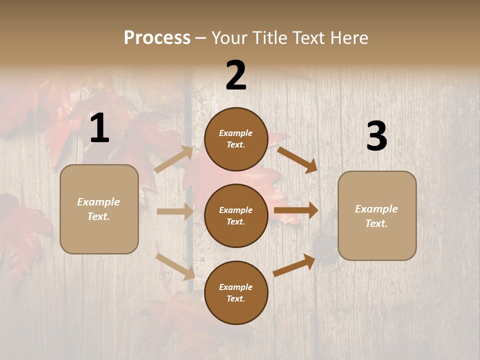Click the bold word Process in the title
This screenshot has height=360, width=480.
[157, 37]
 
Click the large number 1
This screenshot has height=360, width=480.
[99, 128]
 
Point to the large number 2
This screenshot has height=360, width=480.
[236, 75]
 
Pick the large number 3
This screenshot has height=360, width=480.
[376, 136]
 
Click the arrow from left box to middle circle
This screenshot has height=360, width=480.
[175, 211]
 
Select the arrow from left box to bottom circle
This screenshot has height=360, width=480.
[175, 266]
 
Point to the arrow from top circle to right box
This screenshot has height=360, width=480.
[297, 159]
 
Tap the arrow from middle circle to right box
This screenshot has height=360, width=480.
[296, 210]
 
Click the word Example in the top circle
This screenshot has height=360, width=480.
[236, 133]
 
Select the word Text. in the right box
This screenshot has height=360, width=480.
[376, 223]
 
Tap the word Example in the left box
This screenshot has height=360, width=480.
[98, 202]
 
